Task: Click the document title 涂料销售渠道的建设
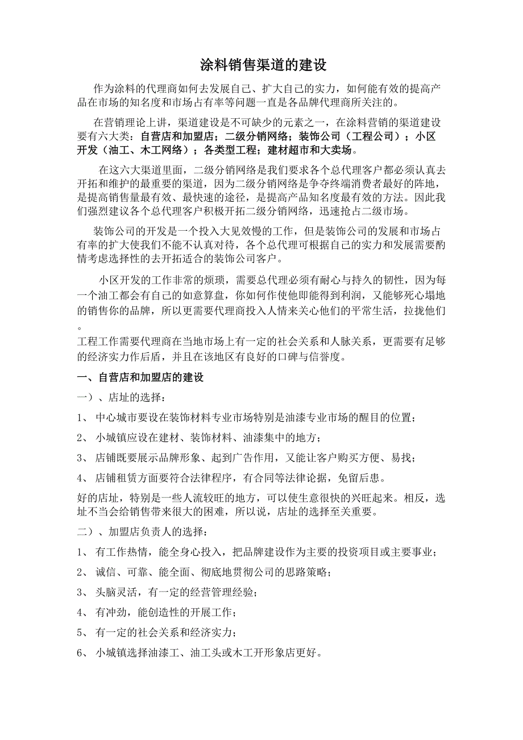click(263, 65)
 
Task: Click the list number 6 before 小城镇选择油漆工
click(80, 653)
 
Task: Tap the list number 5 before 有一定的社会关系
click(80, 633)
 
